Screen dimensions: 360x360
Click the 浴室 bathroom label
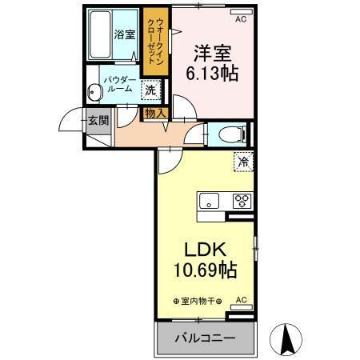[x=123, y=34]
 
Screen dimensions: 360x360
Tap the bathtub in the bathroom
[x=100, y=36]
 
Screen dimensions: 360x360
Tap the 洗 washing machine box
[x=150, y=90]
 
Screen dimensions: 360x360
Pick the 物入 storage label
[x=155, y=114]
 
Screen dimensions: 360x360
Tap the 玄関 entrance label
[x=97, y=121]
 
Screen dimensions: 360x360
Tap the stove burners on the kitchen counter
[x=242, y=200]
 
